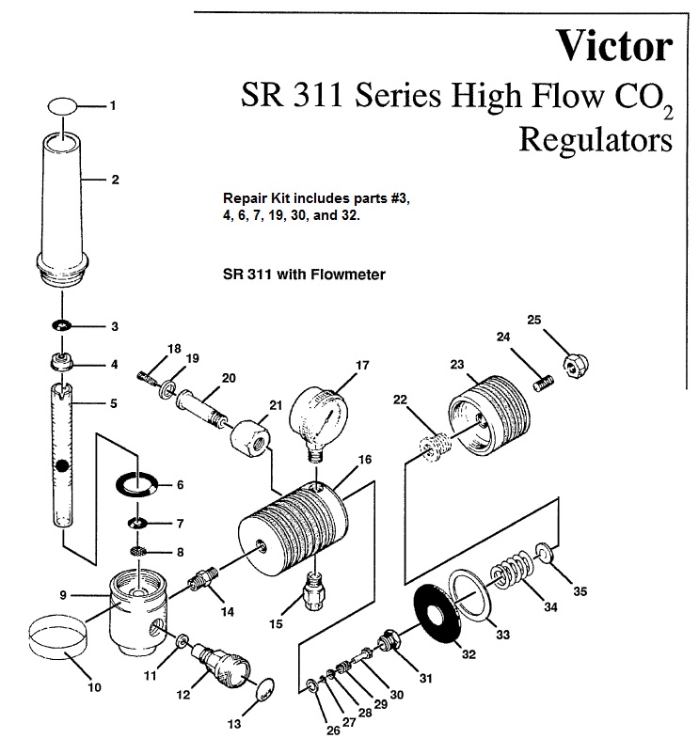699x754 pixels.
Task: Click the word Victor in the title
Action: [614, 44]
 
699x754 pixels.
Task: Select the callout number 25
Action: [533, 321]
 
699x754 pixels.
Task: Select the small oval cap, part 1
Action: [63, 105]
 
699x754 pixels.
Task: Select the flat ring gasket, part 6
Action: [136, 485]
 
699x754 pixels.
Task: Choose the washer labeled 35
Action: [545, 550]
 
